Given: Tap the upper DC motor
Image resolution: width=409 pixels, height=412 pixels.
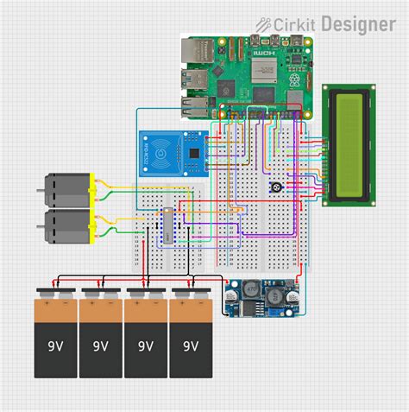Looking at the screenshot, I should [66, 189].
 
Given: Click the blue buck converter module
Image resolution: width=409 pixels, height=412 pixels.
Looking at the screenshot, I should [259, 298].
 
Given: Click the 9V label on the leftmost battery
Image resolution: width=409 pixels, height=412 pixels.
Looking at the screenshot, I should [55, 345].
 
